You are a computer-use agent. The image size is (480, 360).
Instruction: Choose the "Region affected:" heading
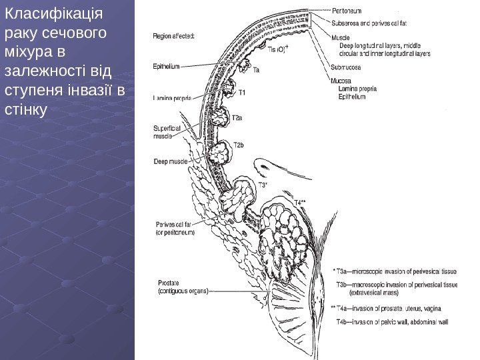pos(174,36)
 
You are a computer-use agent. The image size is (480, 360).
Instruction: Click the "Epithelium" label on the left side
pos(167,66)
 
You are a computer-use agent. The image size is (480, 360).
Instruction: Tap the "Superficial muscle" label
pos(164,131)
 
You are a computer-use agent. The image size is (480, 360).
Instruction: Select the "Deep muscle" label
pos(170,161)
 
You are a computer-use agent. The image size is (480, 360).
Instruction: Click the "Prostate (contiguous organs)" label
pos(183,287)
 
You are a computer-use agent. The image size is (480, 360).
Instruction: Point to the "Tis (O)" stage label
pos(277,49)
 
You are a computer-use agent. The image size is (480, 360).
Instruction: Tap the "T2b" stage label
pos(239,145)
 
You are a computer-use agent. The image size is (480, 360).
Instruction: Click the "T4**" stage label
pos(303,201)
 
